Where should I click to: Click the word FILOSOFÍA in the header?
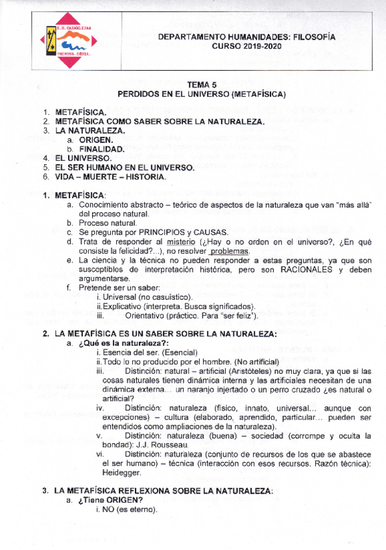[311, 38]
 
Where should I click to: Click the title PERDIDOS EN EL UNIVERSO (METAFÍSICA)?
[202, 94]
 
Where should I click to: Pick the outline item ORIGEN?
[96, 139]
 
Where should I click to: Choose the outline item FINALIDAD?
[101, 149]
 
